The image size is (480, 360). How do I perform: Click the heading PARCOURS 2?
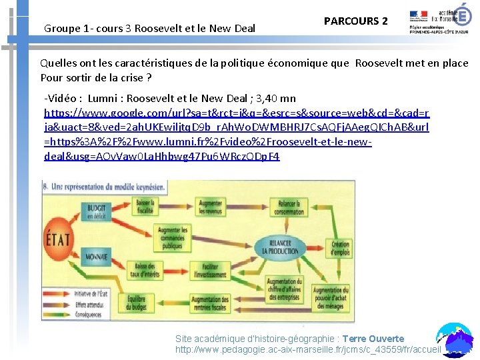coord(355,21)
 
